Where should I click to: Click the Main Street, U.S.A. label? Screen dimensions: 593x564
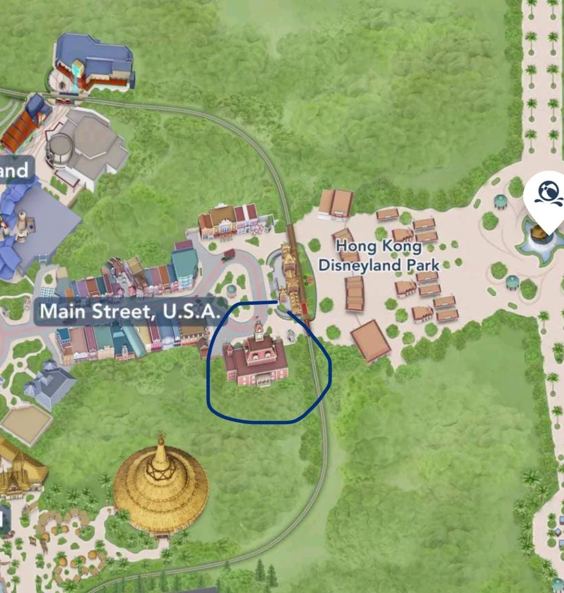pos(129,311)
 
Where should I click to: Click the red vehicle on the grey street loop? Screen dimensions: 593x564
pos(229,254)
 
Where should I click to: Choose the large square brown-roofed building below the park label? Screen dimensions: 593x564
pos(371,340)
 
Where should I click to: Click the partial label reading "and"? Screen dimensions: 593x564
pos(15,170)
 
